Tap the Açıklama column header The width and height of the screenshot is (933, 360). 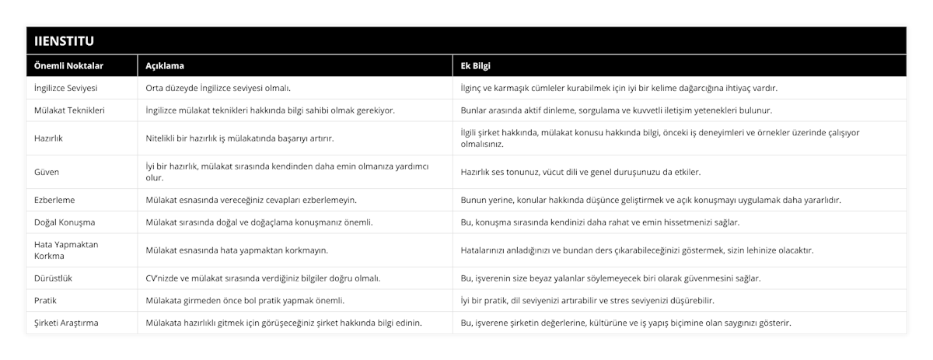tap(165, 65)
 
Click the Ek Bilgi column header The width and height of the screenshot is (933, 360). tap(476, 65)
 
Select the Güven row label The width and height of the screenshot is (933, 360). tap(47, 172)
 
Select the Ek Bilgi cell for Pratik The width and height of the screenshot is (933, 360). tap(588, 300)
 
